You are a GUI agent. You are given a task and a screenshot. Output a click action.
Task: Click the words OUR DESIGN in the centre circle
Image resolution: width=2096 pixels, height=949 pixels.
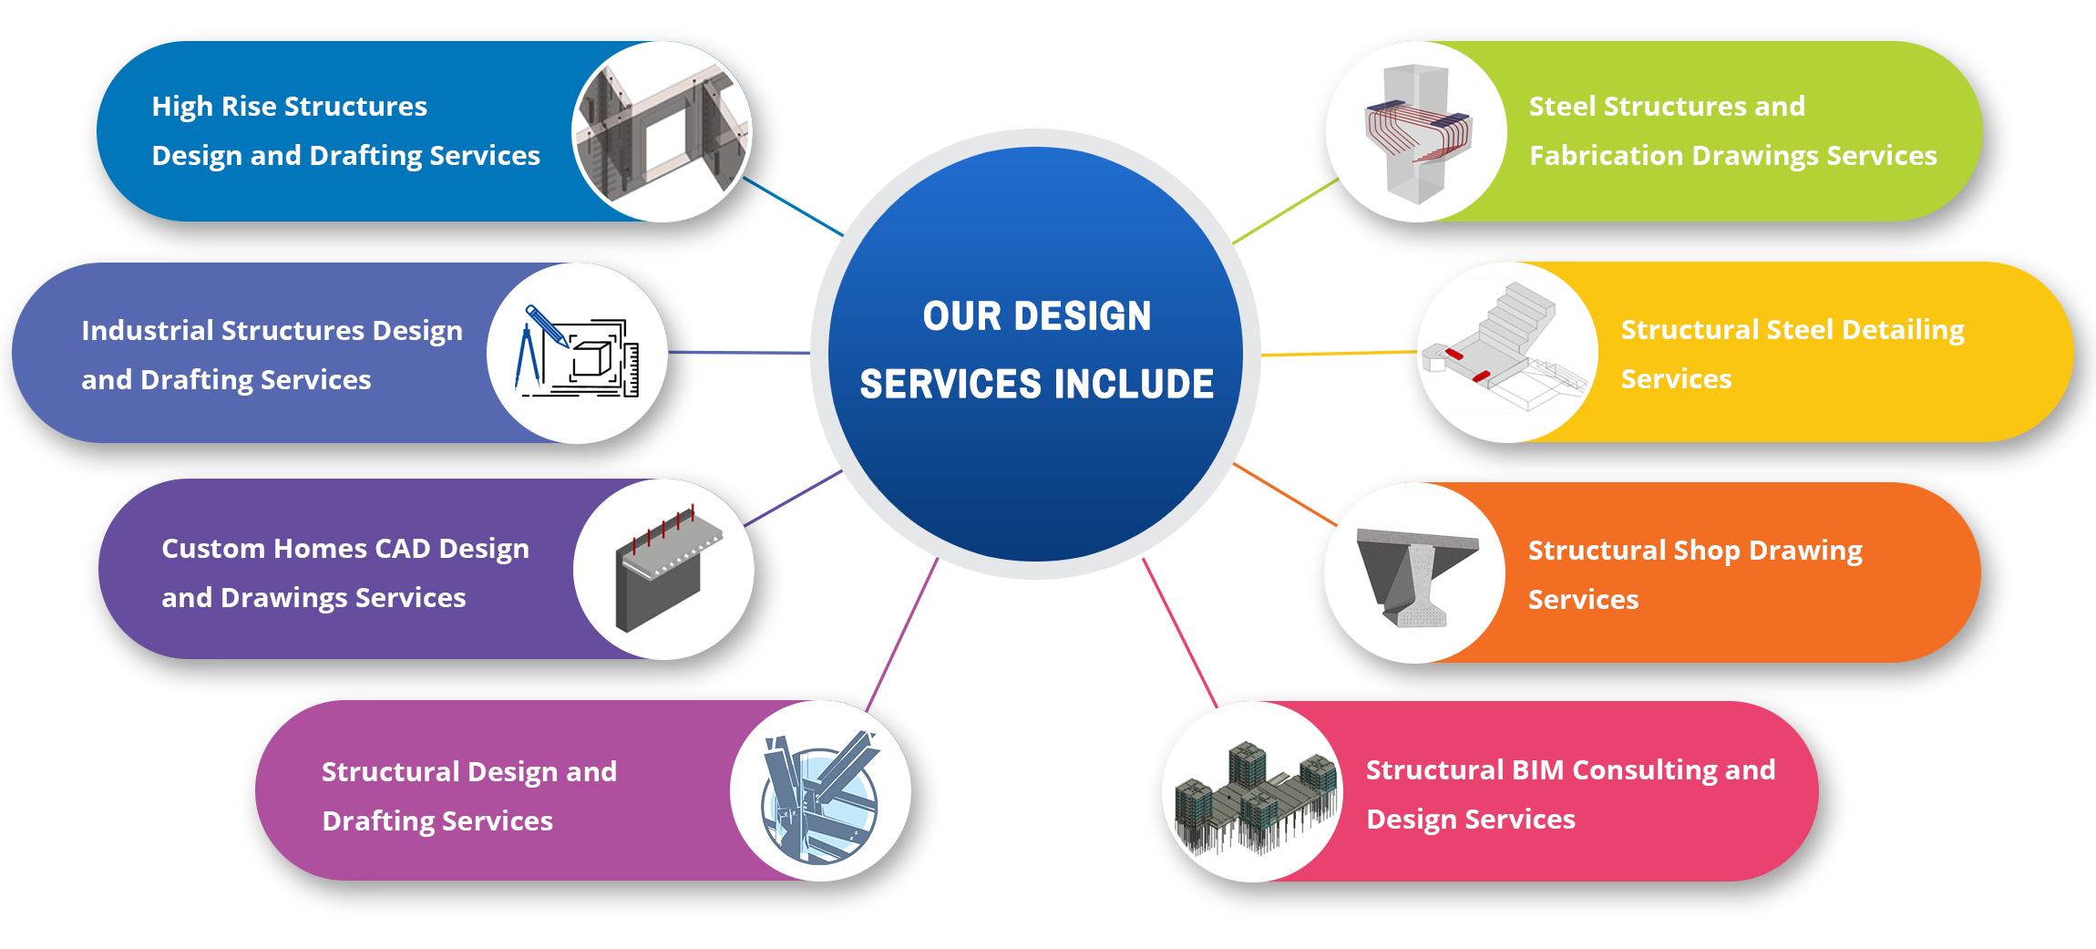click(1037, 316)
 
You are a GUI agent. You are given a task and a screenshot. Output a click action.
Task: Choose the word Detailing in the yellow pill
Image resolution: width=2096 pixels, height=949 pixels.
click(1903, 330)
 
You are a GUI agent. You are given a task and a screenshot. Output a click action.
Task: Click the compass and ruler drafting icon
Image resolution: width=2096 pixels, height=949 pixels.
click(578, 353)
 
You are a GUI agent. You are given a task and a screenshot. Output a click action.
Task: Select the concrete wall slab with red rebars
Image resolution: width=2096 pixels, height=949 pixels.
click(667, 570)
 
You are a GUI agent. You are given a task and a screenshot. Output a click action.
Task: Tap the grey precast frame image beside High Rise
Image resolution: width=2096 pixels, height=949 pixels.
click(663, 132)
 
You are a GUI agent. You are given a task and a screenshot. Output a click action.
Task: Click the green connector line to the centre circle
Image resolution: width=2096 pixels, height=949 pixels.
click(1285, 211)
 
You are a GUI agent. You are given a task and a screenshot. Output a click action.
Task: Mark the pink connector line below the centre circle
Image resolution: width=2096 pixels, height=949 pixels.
click(1180, 633)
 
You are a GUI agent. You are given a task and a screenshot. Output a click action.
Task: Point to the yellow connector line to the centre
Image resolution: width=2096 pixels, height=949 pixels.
click(1339, 354)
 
